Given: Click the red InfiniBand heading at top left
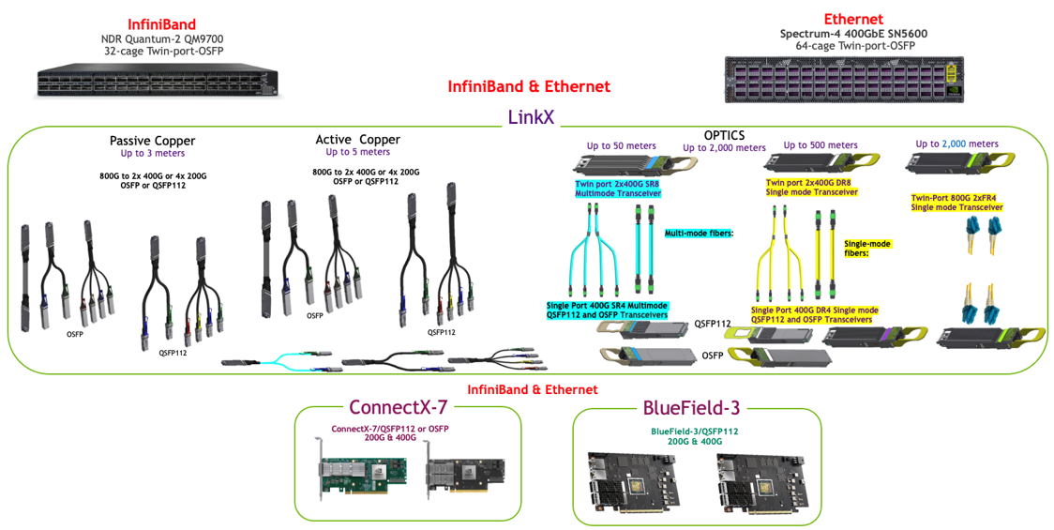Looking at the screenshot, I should click(x=161, y=23).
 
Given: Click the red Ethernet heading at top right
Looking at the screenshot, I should click(x=853, y=19).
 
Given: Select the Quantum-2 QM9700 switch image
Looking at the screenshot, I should click(x=157, y=82).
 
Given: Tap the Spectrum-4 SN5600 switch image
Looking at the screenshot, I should click(x=845, y=79).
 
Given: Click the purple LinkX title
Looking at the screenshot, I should click(x=531, y=117).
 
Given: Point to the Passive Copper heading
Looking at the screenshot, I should click(x=152, y=141).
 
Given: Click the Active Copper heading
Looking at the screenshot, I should click(x=357, y=140).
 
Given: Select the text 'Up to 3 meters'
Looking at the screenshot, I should click(x=152, y=153).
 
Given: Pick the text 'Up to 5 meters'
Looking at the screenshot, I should click(x=357, y=152).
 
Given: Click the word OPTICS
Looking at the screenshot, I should click(x=724, y=135).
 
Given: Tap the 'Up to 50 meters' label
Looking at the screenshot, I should click(x=621, y=145).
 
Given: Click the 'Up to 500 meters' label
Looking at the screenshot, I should click(x=821, y=145).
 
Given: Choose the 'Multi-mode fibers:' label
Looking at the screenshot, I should click(x=699, y=233).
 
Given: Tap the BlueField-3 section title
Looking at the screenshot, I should click(x=691, y=407).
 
